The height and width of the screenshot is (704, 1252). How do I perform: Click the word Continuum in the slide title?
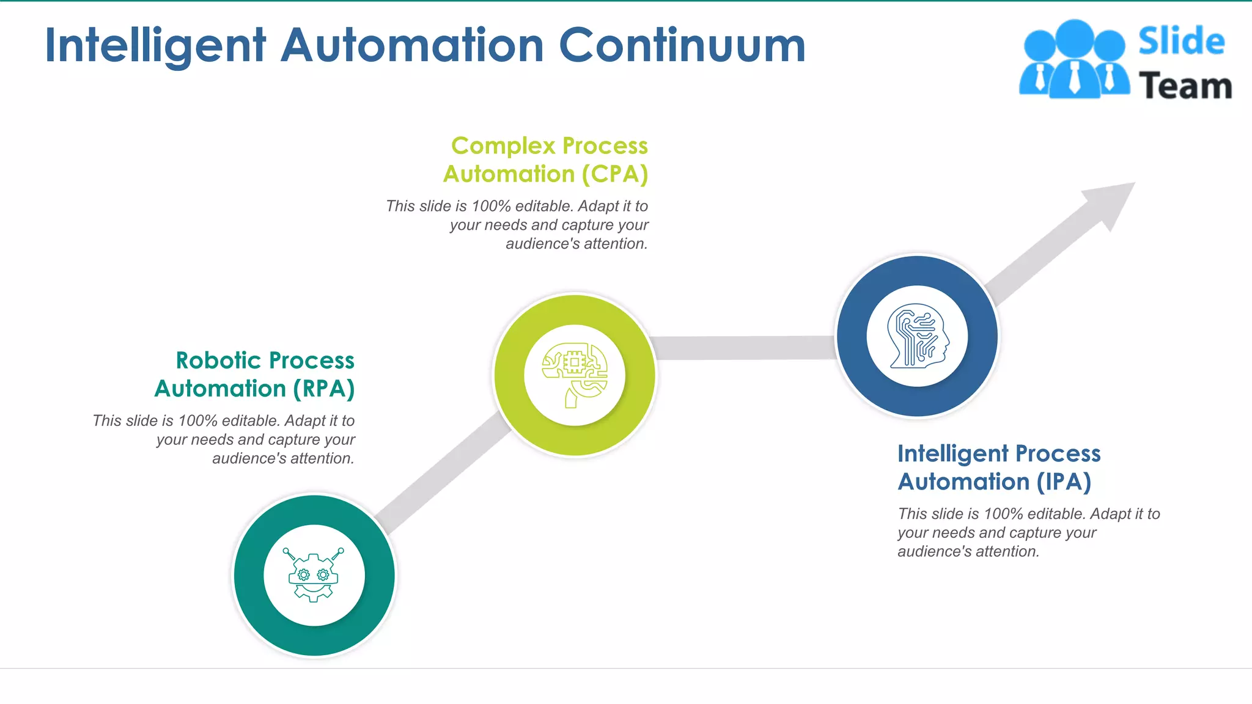pyautogui.click(x=682, y=45)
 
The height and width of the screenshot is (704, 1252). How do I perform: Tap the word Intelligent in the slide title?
pyautogui.click(x=155, y=46)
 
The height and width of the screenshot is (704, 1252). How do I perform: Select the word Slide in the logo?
pyautogui.click(x=1181, y=42)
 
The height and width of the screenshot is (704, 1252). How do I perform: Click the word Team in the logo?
pyautogui.click(x=1185, y=86)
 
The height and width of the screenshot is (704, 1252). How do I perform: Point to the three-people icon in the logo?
pyautogui.click(x=1074, y=59)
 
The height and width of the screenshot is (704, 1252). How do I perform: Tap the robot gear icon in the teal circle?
pyautogui.click(x=314, y=575)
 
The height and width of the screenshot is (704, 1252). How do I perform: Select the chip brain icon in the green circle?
pyautogui.click(x=575, y=375)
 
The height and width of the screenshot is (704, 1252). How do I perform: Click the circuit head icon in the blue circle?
pyautogui.click(x=918, y=336)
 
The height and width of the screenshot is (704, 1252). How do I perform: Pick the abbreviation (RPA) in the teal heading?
pyautogui.click(x=323, y=389)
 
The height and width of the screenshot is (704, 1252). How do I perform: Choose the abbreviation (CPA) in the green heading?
pyautogui.click(x=614, y=174)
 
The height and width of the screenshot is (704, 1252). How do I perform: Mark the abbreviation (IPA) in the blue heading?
pyautogui.click(x=1064, y=482)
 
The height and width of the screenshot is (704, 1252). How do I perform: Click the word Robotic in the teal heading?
pyautogui.click(x=218, y=361)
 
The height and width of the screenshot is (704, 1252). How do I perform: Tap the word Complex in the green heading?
pyautogui.click(x=503, y=146)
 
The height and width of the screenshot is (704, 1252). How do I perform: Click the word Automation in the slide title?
pyautogui.click(x=412, y=45)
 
